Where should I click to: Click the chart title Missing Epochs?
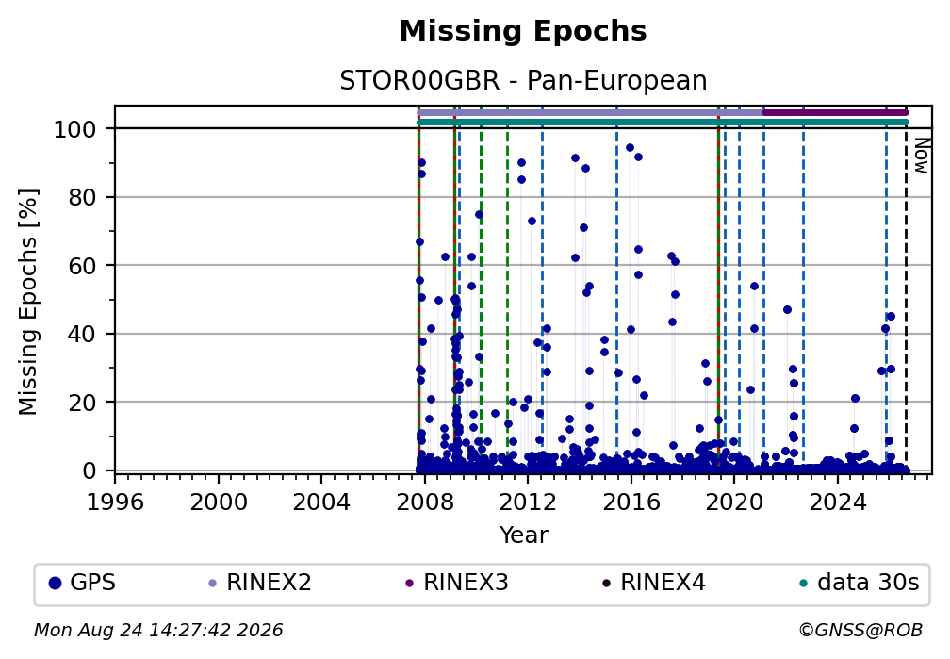click(x=523, y=31)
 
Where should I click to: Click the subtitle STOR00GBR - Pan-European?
click(x=523, y=81)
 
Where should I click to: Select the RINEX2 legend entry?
click(x=260, y=583)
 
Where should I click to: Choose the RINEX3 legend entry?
click(x=457, y=583)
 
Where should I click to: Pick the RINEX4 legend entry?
click(x=654, y=583)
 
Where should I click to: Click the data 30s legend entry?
click(x=860, y=583)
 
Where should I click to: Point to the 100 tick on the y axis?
click(x=74, y=129)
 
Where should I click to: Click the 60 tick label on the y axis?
click(x=82, y=266)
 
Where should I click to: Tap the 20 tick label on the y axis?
click(x=82, y=402)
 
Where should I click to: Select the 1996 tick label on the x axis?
click(x=115, y=502)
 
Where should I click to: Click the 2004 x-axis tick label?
click(x=321, y=502)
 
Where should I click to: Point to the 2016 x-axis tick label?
click(x=631, y=502)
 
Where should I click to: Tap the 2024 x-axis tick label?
click(x=838, y=502)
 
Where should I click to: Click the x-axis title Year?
click(x=523, y=535)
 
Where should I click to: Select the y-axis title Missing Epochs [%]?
click(x=28, y=303)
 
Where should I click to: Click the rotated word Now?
click(x=921, y=156)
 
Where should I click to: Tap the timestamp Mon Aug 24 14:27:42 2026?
click(x=158, y=630)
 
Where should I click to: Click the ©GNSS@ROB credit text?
click(x=861, y=630)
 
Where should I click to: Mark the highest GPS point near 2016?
click(x=630, y=147)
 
